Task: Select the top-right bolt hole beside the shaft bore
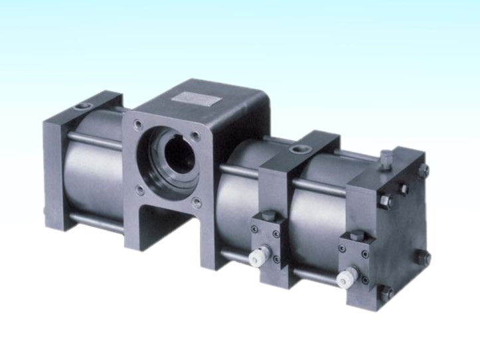(x=196, y=135)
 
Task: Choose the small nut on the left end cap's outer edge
(x=44, y=213)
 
